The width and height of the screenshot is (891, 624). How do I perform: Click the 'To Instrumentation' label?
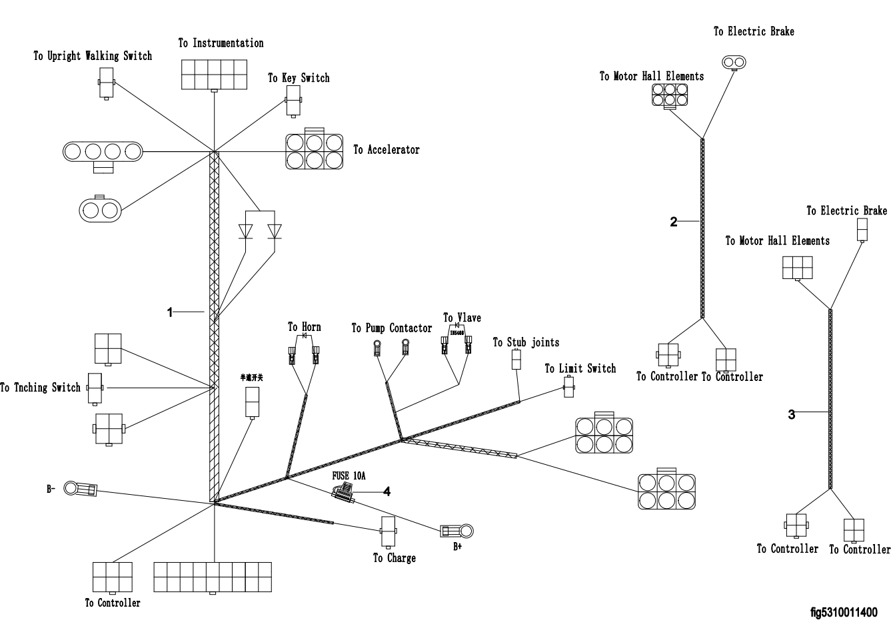coord(221,43)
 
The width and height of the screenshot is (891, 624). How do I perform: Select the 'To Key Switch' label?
coord(299,78)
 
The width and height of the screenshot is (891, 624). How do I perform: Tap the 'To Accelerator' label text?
coord(387,150)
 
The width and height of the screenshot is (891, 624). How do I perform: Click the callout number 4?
coord(387,491)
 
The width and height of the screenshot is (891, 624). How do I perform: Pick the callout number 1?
coord(170,312)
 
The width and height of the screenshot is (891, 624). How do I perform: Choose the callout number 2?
coord(674,222)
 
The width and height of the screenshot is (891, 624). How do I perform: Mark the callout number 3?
coord(792,414)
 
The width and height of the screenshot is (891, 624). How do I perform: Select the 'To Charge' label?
coord(394,558)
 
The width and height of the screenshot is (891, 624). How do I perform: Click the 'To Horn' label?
coord(304,327)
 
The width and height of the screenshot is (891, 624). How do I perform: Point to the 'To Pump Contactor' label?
coord(391,328)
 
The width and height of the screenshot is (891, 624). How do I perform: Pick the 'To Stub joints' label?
coord(526,342)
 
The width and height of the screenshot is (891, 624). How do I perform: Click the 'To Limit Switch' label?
coord(580,368)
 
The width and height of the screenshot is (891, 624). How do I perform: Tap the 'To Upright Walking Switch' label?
coord(93,56)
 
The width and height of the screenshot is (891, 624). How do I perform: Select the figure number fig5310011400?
coord(844,612)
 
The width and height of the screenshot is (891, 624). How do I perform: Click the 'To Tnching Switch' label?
coord(40,388)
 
